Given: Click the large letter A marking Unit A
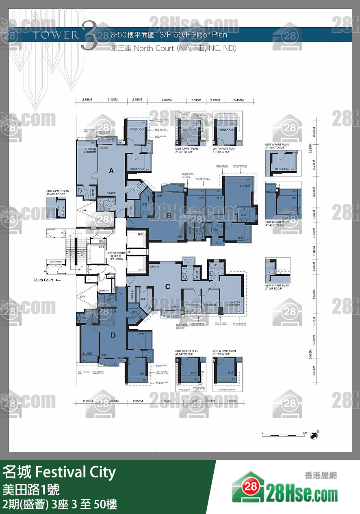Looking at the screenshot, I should [x=111, y=171].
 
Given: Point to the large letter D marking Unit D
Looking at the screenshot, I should [x=113, y=335].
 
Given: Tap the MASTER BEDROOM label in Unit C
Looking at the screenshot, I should [x=234, y=304].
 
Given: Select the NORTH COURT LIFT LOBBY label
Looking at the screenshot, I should [x=116, y=256].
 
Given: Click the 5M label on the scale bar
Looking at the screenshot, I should [x=305, y=433].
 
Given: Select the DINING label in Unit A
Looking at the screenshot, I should [x=111, y=194].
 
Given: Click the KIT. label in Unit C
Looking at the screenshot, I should [x=143, y=299].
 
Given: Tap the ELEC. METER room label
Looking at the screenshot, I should [x=56, y=262].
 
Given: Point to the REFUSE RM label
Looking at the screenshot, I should [x=103, y=291].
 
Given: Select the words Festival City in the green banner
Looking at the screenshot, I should [x=76, y=473].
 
